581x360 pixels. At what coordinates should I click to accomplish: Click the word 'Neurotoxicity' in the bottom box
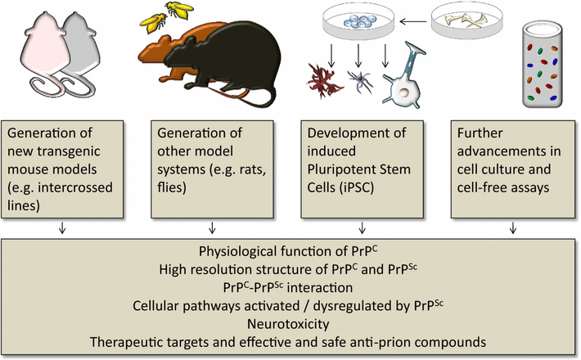point(290,322)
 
